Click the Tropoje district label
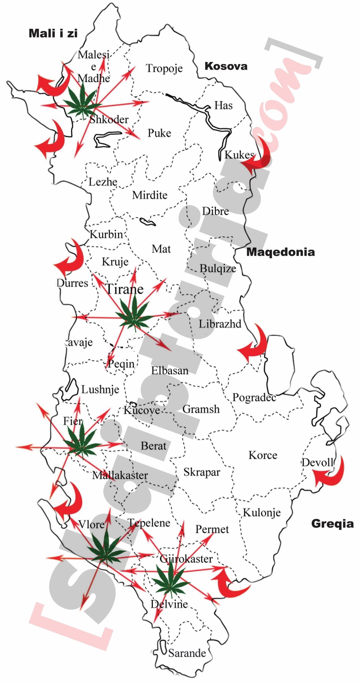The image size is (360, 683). pos(164,69)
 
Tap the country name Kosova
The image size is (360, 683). pos(226,66)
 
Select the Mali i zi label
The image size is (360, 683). pos(53,33)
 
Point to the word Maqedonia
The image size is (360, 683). pos(280,252)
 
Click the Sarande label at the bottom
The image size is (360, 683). pos(187,653)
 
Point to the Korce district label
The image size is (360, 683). pos(263,455)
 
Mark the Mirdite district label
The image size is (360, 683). pos(150,195)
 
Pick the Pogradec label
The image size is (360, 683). pos(254,397)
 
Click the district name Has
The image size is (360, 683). pos(223,105)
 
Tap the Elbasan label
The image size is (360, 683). pos(170,371)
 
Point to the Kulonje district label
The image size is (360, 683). pos(262,513)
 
